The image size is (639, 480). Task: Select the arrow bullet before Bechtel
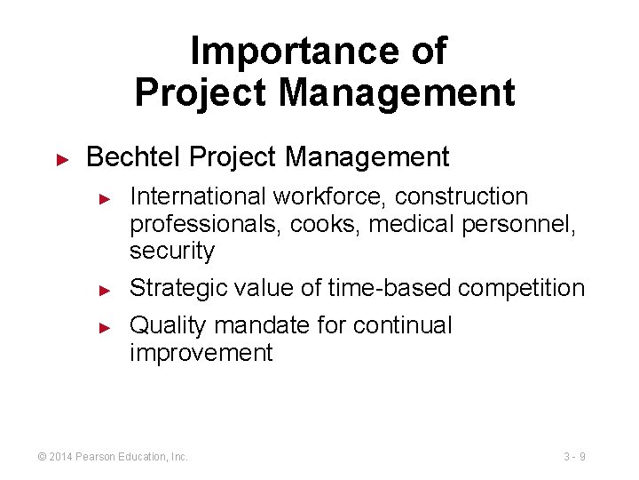point(62,159)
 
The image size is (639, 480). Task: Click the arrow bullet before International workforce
point(104,197)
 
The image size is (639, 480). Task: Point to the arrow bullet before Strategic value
point(104,290)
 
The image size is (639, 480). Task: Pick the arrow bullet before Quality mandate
point(104,327)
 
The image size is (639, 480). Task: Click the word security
point(172,252)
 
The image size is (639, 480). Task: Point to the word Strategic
point(180,288)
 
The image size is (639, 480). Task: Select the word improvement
point(201,353)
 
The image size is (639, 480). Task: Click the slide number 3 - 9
point(574,457)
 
